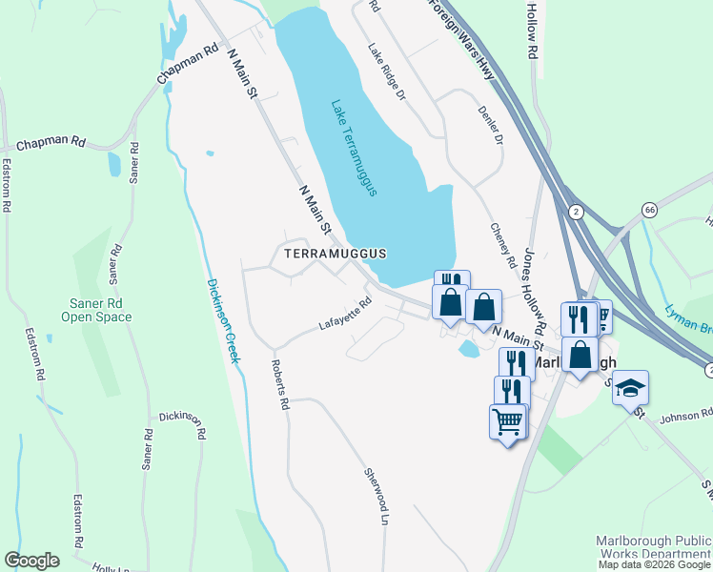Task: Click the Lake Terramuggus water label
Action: (x=355, y=148)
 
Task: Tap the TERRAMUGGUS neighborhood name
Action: (x=336, y=254)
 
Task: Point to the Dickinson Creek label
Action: (x=224, y=320)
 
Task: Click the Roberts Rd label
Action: (x=279, y=384)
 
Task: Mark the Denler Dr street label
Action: (x=490, y=126)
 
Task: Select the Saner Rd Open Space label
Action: (x=97, y=310)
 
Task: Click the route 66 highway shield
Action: (x=649, y=210)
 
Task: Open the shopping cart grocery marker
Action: (x=508, y=420)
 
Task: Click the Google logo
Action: (x=31, y=561)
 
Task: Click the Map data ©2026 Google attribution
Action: (x=654, y=564)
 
